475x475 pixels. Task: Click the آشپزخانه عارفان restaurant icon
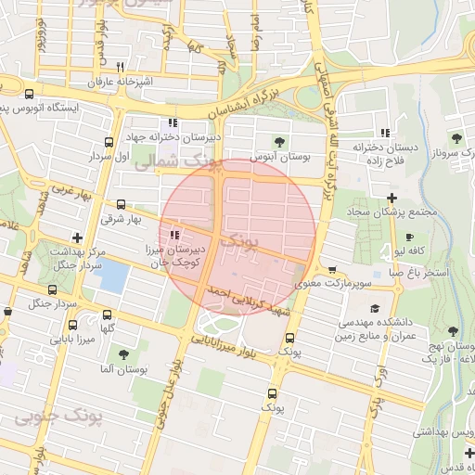(120, 68)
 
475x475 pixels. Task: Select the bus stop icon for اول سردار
(110, 143)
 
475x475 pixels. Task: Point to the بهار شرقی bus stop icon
(121, 205)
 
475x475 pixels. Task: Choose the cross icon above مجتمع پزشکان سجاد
(392, 198)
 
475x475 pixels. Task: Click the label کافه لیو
(411, 251)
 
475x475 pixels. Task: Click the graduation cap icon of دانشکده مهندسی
(374, 309)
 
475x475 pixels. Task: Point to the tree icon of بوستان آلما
(122, 353)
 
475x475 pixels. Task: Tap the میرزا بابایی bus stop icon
(64, 340)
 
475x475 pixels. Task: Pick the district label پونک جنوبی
(58, 418)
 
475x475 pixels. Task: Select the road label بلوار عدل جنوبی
(173, 372)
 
